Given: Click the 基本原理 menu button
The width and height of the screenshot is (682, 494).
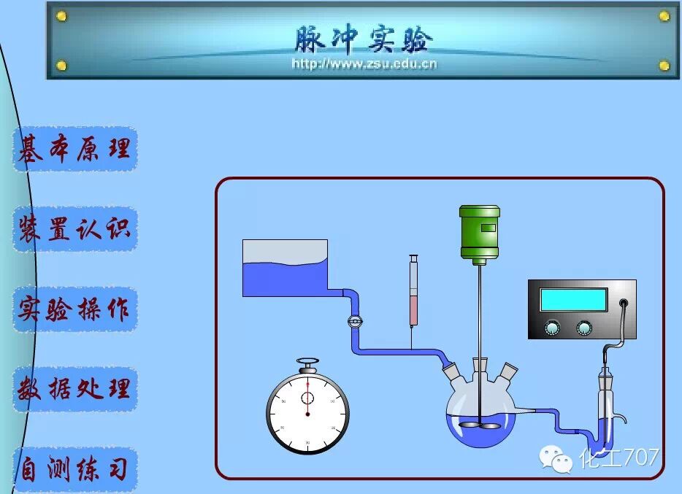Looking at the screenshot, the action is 74,150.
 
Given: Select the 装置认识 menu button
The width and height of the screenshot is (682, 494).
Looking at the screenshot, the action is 74,229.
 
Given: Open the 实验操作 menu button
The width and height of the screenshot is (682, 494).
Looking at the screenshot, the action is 74,309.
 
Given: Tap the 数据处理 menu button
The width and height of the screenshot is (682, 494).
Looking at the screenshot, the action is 74,389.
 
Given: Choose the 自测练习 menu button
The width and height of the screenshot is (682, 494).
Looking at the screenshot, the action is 74,469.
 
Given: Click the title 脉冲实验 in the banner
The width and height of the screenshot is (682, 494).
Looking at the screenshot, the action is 364,39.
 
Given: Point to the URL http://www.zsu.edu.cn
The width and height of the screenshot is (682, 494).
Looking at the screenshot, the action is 364,63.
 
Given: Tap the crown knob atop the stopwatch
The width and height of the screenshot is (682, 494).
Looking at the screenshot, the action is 307,361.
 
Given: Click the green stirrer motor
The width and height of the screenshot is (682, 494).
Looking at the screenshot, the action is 480,232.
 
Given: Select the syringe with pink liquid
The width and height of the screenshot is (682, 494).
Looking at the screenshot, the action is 413,296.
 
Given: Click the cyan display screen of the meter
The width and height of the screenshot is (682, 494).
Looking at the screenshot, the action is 573,300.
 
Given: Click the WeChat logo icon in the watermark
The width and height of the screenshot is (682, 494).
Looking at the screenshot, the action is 557,458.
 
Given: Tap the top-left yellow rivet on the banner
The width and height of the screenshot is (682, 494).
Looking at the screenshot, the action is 61,16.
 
